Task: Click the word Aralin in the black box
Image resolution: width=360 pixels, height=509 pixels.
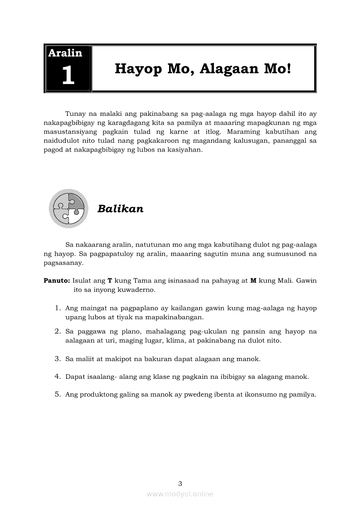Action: [65, 53]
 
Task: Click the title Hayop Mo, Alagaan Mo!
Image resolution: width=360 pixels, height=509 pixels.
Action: [203, 69]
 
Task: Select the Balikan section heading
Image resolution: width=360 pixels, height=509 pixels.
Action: [120, 209]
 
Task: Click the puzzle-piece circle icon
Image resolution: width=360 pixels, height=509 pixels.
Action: [69, 209]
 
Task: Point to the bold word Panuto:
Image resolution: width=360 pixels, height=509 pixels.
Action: [57, 281]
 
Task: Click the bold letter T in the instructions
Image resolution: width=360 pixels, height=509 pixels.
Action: [110, 281]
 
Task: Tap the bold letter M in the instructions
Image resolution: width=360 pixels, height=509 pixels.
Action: [253, 281]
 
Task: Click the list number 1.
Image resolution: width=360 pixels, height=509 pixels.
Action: [58, 308]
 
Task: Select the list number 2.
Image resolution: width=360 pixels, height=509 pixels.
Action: [58, 331]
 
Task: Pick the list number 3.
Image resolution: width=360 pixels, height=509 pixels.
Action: [58, 359]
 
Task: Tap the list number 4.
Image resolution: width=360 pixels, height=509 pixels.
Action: [58, 377]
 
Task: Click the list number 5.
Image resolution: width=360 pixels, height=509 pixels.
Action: [58, 394]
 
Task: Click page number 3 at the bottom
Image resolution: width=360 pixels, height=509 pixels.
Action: [180, 483]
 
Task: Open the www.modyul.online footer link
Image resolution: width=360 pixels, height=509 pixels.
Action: [180, 494]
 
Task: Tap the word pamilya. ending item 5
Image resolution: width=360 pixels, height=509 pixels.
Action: [303, 395]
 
